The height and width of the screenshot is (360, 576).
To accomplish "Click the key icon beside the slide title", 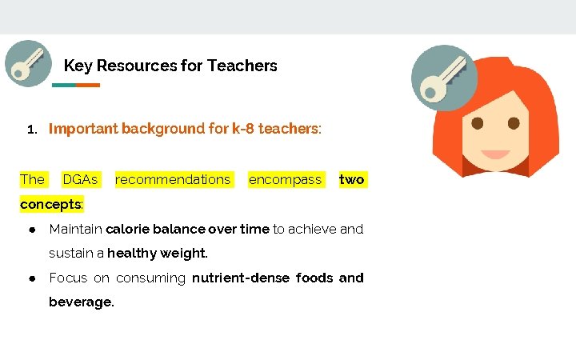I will click(28, 63).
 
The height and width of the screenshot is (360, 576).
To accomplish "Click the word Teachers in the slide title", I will click(242, 66).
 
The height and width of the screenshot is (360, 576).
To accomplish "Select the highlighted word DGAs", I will click(80, 179).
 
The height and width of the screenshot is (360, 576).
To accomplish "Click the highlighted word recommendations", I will click(173, 179).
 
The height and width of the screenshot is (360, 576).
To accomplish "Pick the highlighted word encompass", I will click(285, 179).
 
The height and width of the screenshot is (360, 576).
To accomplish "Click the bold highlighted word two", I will click(352, 179).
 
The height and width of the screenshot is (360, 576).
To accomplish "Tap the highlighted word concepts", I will click(50, 204).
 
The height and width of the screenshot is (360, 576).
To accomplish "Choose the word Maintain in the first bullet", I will click(75, 230).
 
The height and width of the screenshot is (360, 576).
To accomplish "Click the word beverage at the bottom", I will click(80, 302).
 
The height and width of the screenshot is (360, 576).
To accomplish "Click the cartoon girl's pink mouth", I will click(496, 154).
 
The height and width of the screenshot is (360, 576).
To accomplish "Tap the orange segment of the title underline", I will click(88, 85).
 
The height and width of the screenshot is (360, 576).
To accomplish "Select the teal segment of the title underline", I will click(64, 85).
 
